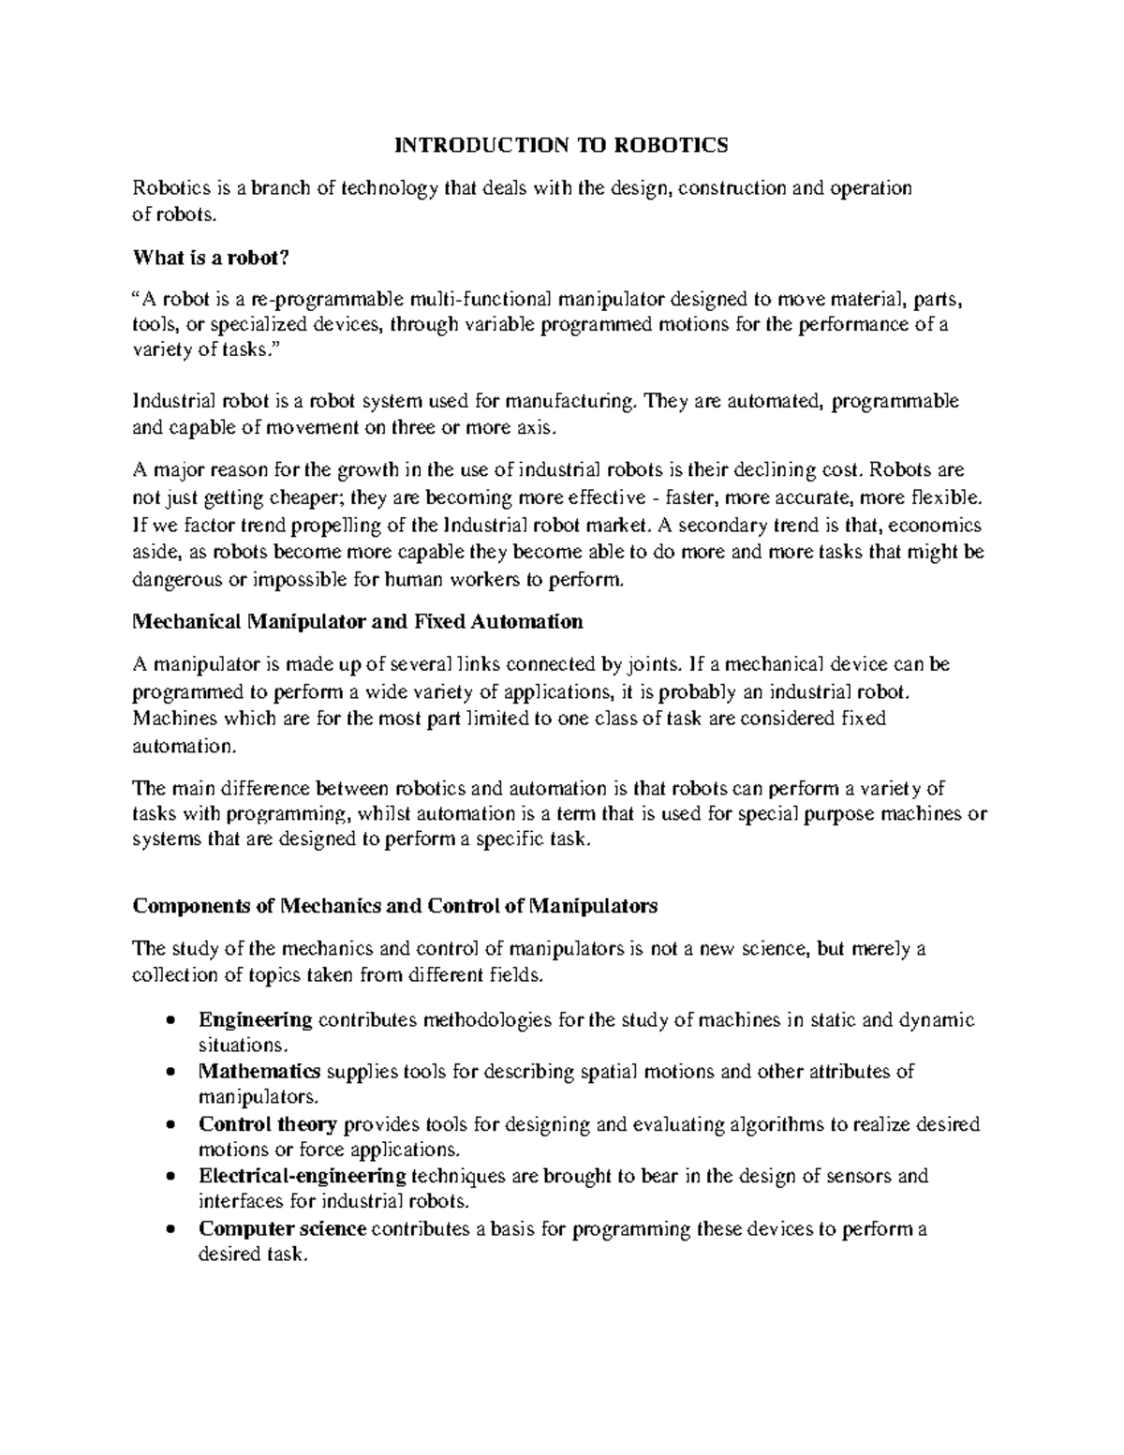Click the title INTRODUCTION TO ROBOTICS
(x=560, y=145)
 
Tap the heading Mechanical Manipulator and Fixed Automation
(x=358, y=621)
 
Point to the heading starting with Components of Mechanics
(x=395, y=906)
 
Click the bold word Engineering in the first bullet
(x=255, y=1019)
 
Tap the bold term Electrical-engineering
(x=302, y=1176)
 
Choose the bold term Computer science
(x=283, y=1228)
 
